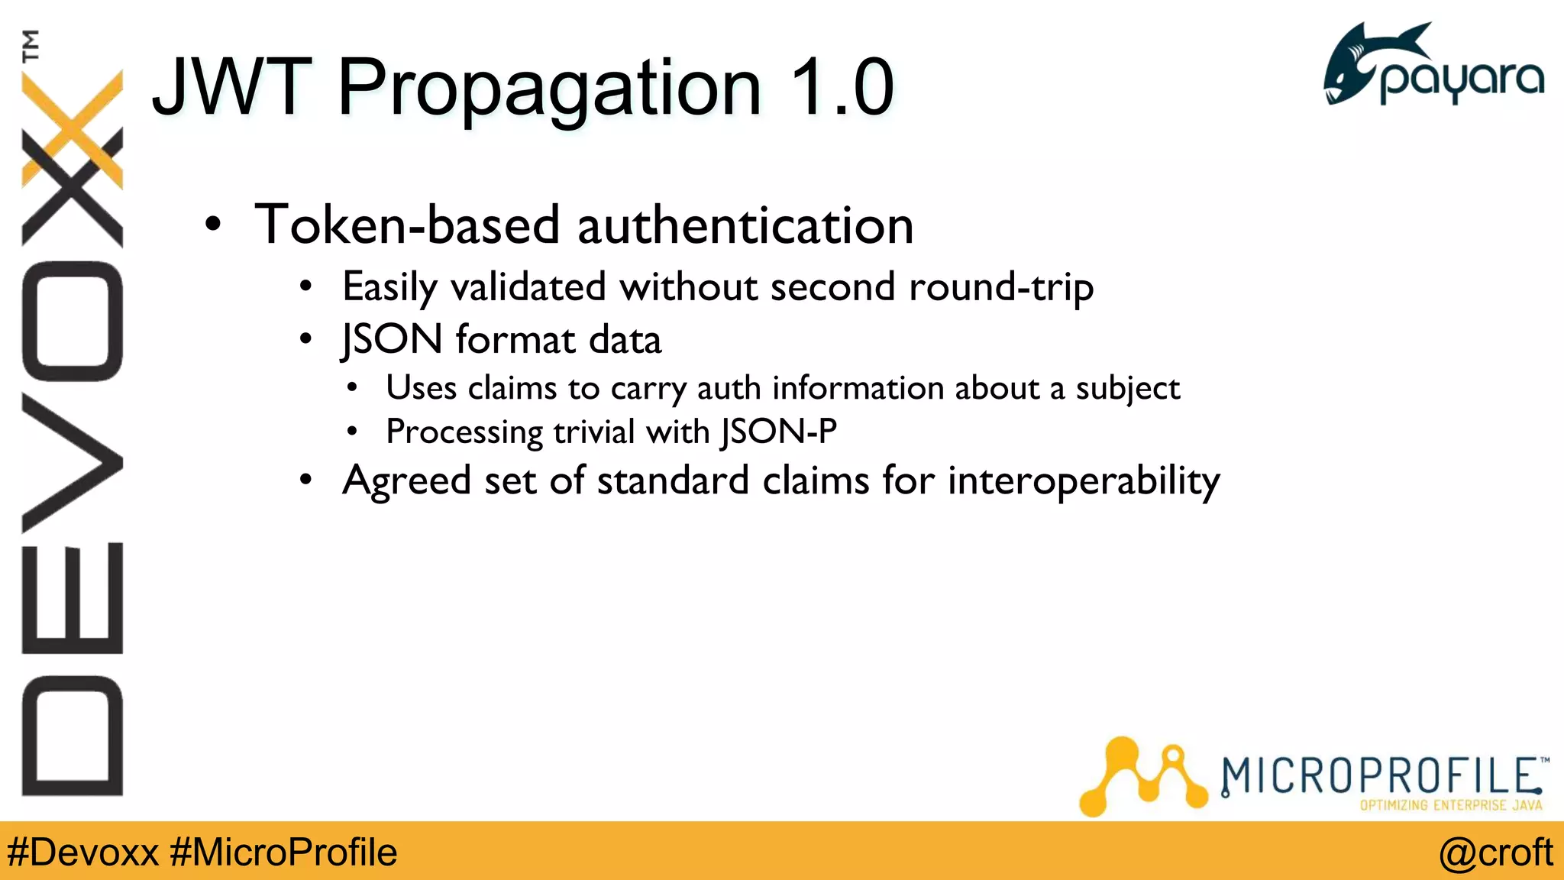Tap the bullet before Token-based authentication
pos(213,225)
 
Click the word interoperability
pos(1084,482)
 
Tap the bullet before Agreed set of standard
pos(306,480)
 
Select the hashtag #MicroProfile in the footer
pos(283,852)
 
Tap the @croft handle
pos(1495,852)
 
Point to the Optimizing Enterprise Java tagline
pos(1450,805)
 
